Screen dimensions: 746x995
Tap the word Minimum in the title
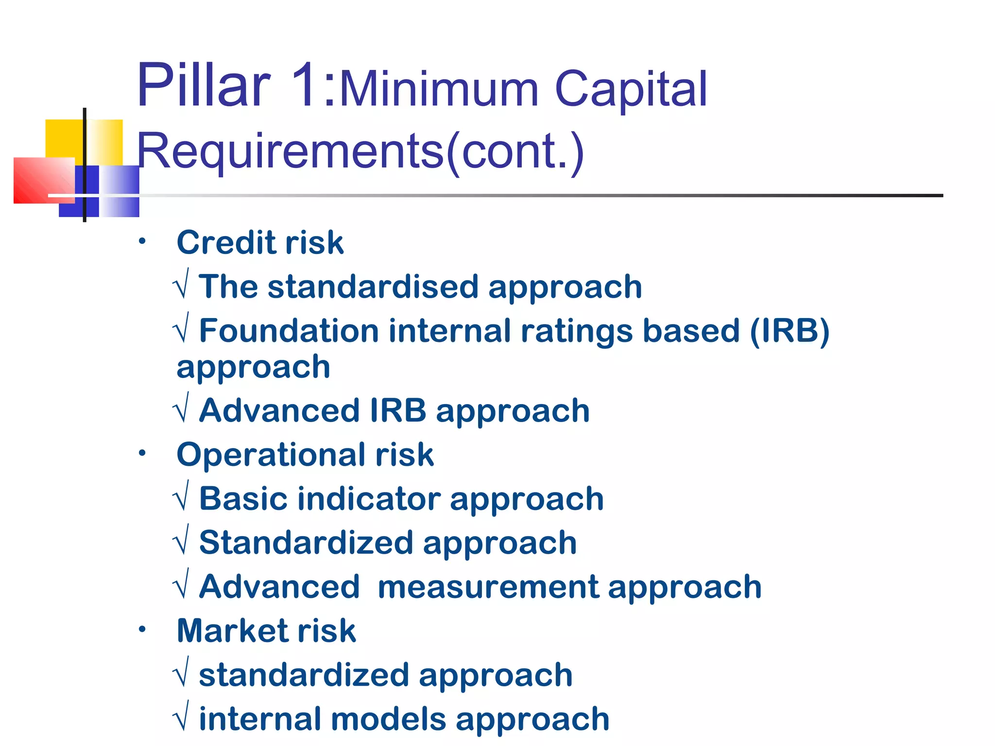click(x=439, y=89)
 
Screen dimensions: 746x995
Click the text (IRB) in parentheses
click(x=789, y=331)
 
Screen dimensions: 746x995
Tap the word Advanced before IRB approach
click(x=279, y=411)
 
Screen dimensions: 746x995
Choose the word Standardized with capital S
click(x=306, y=543)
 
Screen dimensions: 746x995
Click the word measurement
click(x=488, y=587)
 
